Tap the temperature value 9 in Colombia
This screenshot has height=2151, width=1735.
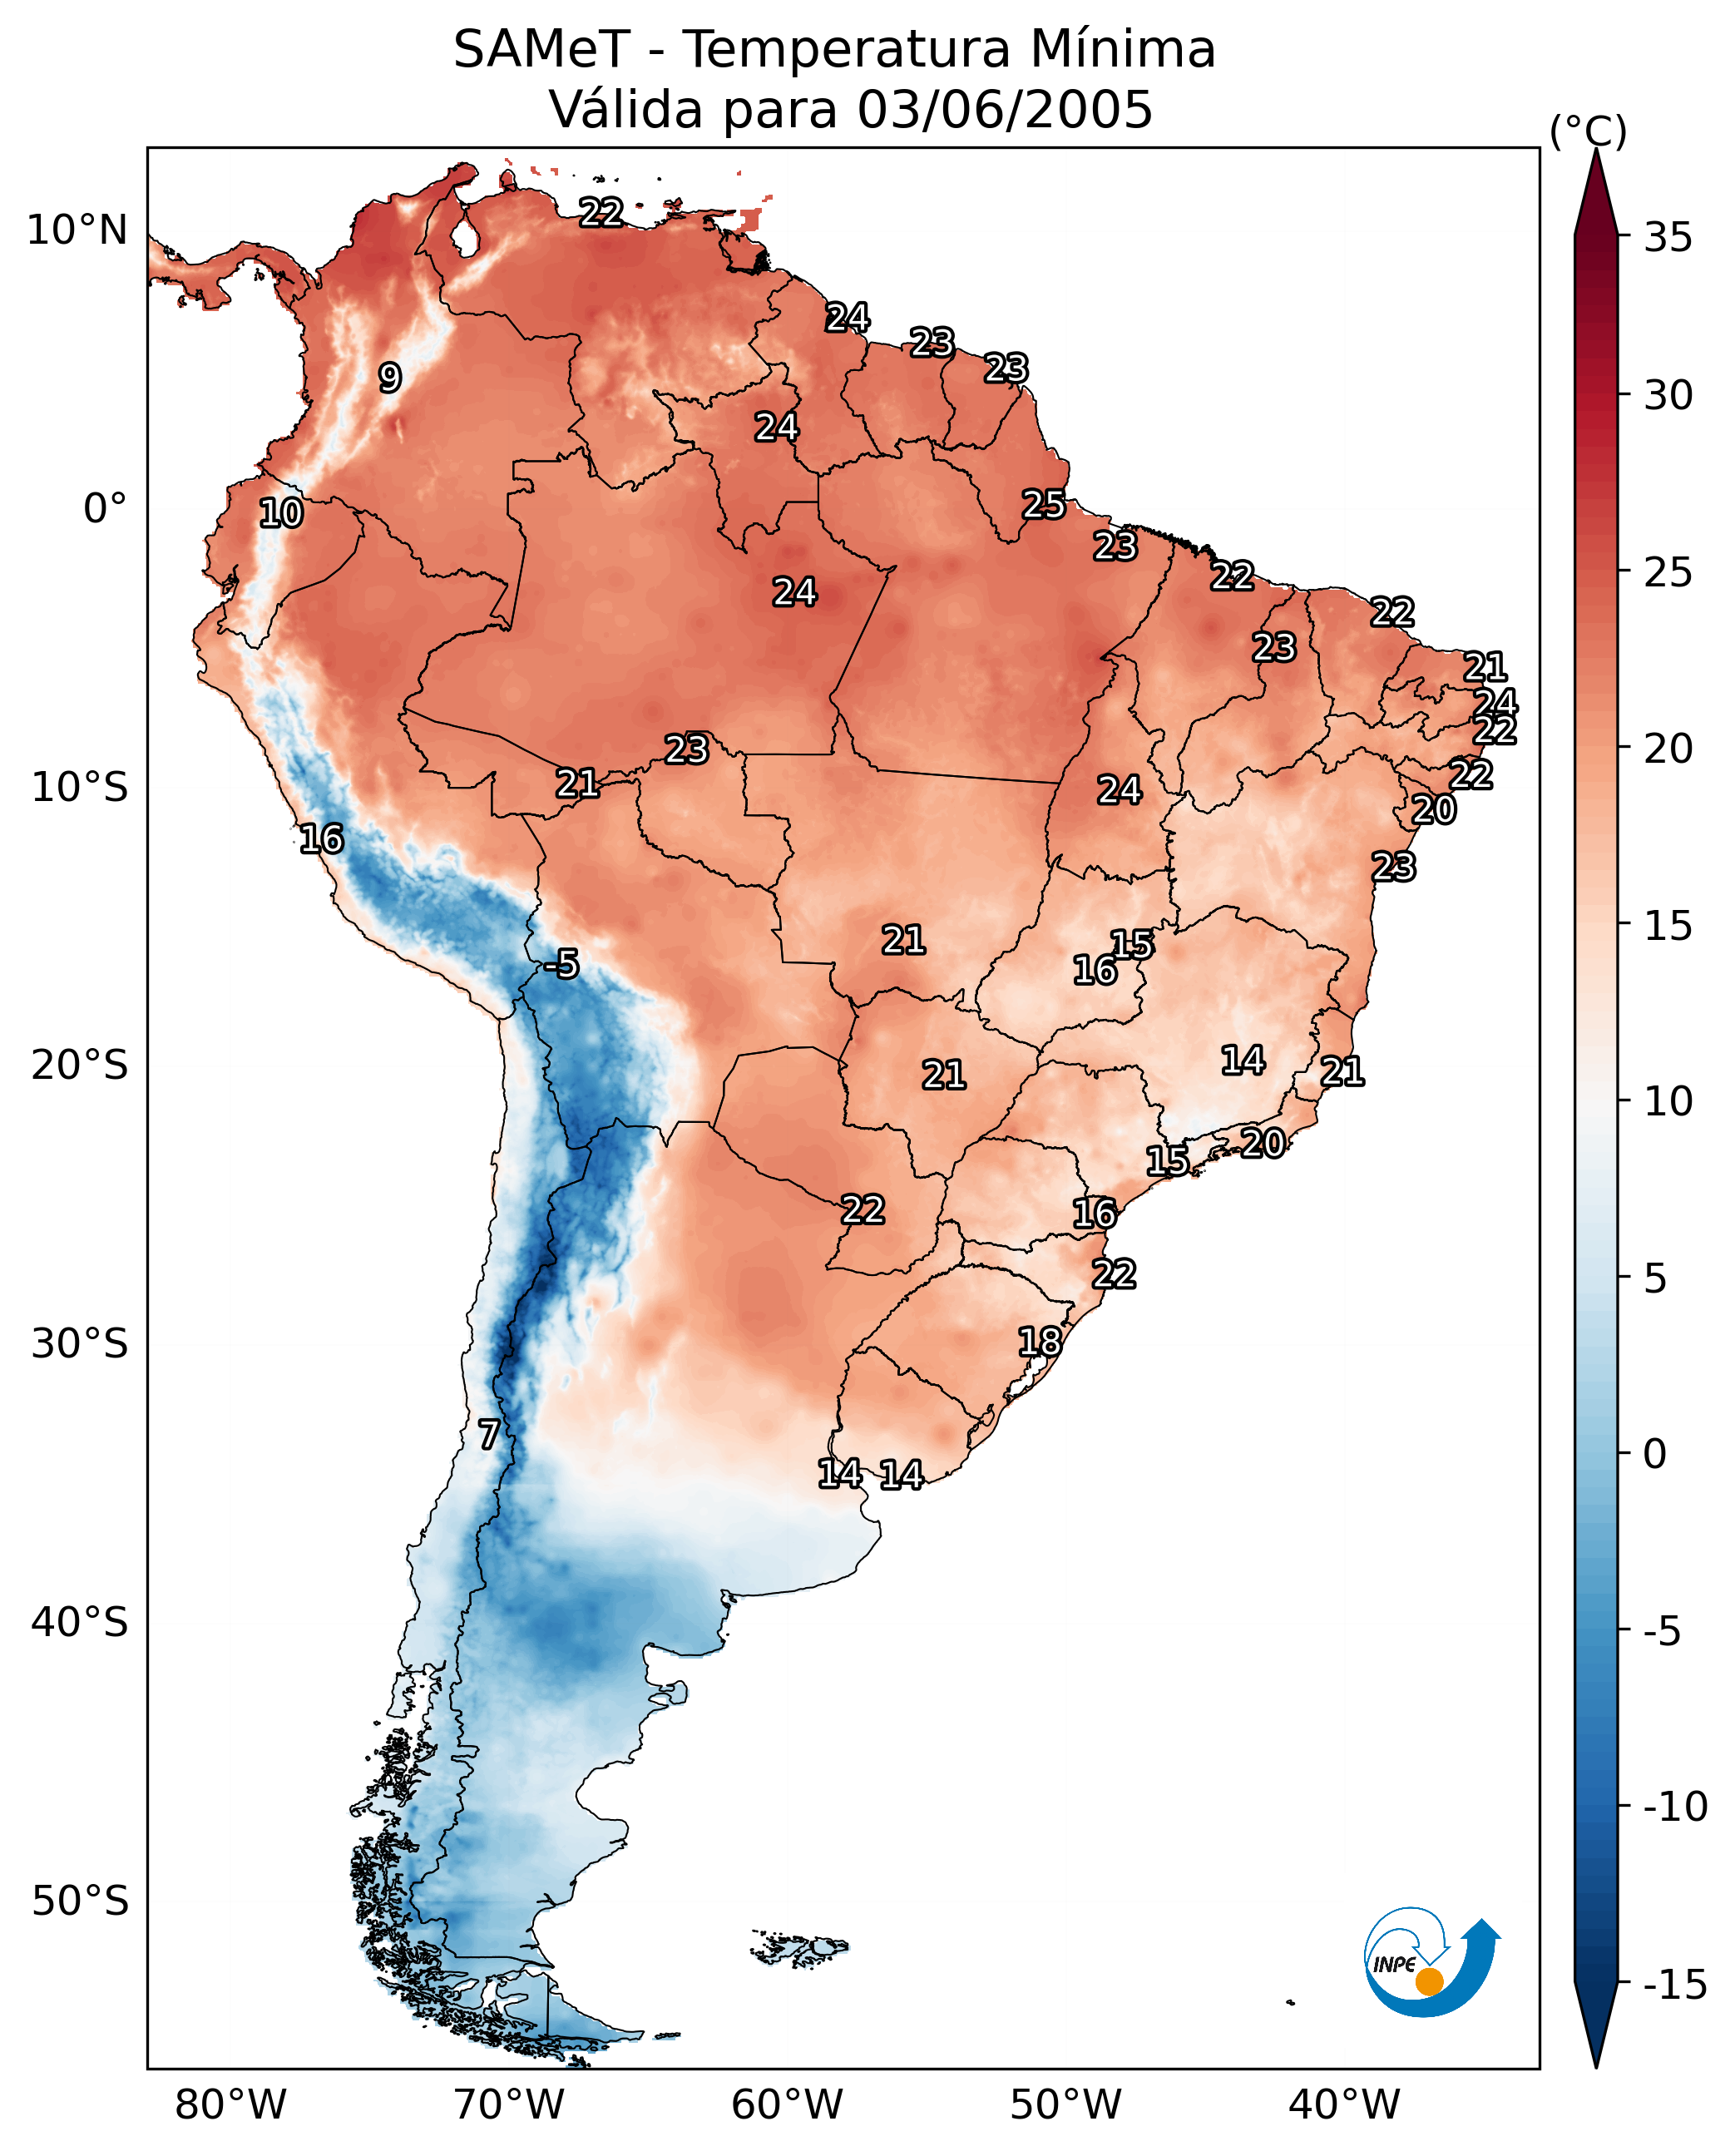point(390,378)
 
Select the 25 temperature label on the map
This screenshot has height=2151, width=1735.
point(1043,505)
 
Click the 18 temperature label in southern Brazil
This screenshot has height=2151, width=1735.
point(1040,1342)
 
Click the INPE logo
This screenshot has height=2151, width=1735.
point(1431,1962)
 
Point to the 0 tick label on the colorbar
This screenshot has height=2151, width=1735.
point(1655,1454)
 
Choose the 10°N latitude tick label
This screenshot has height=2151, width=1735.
point(77,231)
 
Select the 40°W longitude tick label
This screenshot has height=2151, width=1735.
point(1344,2105)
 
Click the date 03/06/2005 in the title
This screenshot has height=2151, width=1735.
point(1005,109)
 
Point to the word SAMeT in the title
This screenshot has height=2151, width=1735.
point(541,50)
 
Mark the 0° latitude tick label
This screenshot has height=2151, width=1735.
point(105,509)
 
